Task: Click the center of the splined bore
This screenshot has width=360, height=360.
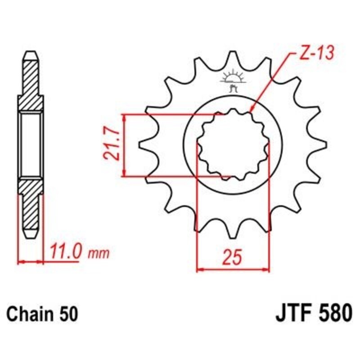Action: tap(233, 145)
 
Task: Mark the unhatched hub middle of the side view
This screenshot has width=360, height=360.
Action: tap(31, 145)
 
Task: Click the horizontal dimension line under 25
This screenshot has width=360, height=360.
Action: tap(233, 270)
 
